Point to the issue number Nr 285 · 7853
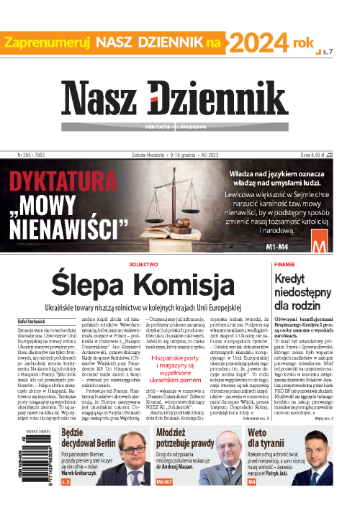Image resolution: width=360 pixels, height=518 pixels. click(x=33, y=155)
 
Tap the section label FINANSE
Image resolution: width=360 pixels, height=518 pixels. click(x=305, y=265)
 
